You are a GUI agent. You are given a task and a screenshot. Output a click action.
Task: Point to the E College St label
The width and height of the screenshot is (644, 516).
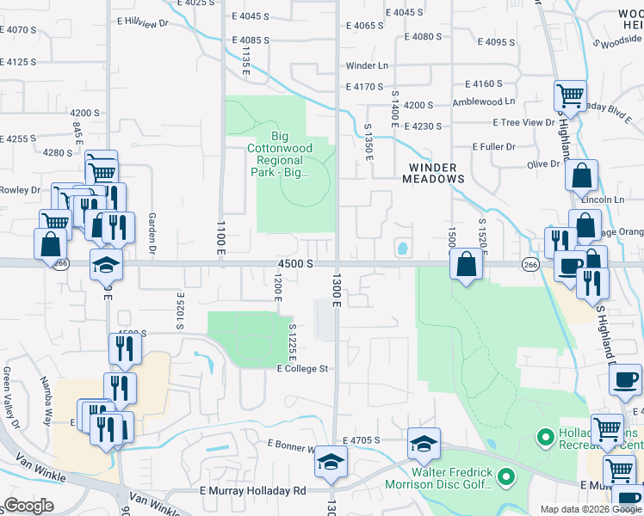pos(303,368)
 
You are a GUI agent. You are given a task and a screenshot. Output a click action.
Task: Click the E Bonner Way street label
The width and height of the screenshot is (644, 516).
pos(294,445)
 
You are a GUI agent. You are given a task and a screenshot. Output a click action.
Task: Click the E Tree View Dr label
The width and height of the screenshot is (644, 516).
pos(527,122)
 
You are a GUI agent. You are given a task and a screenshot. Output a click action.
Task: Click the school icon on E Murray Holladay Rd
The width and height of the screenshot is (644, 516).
pos(331,462)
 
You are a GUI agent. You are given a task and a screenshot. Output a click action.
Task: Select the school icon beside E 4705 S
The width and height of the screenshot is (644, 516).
pos(424,444)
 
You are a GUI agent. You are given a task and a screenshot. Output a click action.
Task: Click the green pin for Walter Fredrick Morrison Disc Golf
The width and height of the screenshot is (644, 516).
pos(507,476)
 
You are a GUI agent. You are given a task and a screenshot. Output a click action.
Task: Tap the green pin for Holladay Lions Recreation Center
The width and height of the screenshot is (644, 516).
pos(544,439)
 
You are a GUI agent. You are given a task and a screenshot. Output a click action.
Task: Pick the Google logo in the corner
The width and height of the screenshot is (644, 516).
pos(29,506)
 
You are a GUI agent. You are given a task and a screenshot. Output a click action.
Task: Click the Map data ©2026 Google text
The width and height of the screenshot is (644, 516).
pos(590,509)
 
